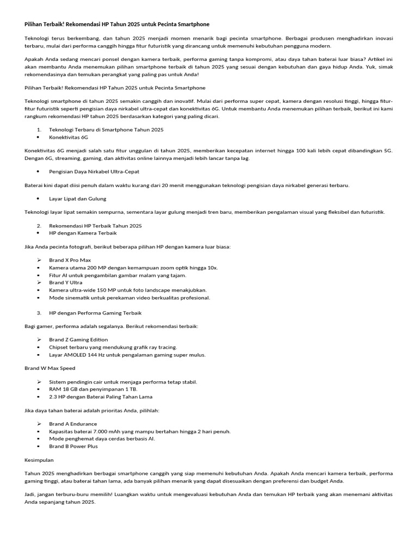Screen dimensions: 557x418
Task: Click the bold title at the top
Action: pos(116,24)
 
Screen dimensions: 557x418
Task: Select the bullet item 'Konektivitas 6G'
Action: pos(69,138)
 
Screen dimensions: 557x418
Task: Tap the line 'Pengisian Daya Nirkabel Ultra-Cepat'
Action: pos(94,171)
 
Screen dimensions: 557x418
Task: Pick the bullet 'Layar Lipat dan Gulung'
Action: pos(77,199)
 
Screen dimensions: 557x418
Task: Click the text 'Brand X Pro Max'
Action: pos(70,260)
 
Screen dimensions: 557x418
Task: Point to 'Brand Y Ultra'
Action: pos(66,282)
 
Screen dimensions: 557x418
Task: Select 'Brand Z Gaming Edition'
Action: pos(78,339)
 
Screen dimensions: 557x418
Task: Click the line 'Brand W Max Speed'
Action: pos(50,368)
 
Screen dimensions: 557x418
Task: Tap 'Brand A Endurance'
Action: pos(73,424)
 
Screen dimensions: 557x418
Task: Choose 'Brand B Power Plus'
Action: pos(73,446)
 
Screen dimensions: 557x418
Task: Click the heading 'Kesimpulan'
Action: pos(39,460)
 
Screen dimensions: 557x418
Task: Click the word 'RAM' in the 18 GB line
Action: pos(54,389)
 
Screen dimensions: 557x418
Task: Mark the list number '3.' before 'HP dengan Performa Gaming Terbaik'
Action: pos(40,313)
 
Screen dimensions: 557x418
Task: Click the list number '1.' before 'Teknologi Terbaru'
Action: pos(39,130)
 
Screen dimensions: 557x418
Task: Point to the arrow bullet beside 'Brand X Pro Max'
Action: pos(40,260)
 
